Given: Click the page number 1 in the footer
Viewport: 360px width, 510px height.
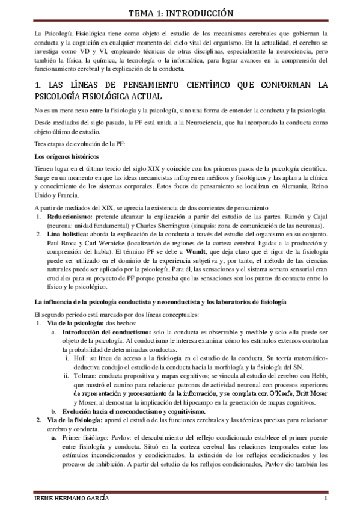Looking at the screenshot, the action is (x=325, y=500).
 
